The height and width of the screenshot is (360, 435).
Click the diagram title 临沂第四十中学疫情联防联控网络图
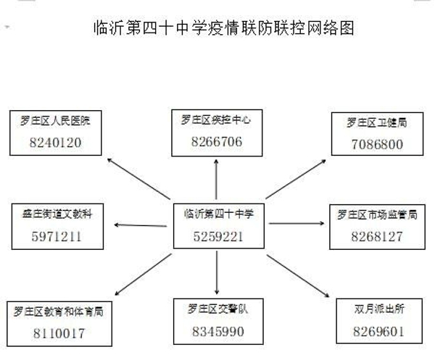pos(223,28)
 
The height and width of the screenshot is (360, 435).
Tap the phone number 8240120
pos(56,143)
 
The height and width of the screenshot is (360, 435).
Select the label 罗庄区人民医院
pos(56,120)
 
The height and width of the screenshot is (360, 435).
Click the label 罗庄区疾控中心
pos(216,120)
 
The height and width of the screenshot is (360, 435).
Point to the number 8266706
pos(217,141)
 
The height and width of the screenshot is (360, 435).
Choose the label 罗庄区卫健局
pos(377,122)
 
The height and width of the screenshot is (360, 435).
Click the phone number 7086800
pos(377,144)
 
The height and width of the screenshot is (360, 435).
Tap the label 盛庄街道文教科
pos(57,214)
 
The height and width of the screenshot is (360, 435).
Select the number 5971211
pos(57,236)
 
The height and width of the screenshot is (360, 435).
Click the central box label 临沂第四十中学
pos(219,214)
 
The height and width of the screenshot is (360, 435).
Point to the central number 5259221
pos(218,236)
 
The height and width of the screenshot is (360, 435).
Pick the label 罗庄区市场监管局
pos(377,214)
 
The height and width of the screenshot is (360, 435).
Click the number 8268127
pos(377,236)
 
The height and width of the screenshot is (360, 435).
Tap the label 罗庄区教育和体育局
pos(59,311)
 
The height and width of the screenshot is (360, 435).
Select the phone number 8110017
pos(59,333)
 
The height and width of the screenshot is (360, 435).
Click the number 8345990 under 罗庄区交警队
pos(218,332)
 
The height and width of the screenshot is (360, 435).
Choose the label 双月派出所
pos(379,309)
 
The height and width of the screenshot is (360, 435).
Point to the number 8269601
pos(378,331)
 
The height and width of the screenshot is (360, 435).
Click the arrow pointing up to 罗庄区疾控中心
pos(216,180)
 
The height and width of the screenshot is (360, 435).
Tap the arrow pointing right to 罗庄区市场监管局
pos(297,223)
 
